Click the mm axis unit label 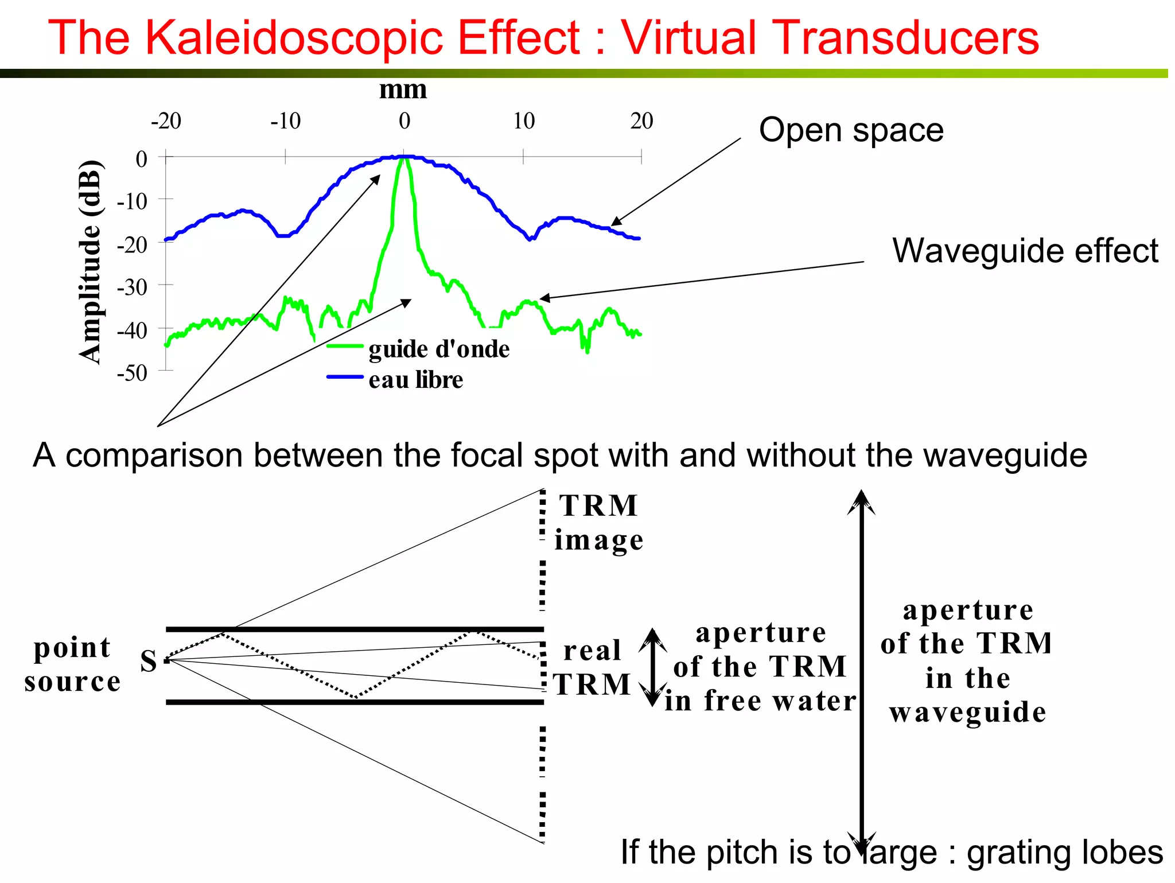403,90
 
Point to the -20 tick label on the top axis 166,121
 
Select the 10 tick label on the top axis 524,121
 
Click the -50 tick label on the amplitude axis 133,373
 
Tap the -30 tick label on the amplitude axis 133,287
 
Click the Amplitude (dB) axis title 91,262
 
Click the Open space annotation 851,130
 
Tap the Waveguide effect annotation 1025,251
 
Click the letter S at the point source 149,661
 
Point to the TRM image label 598,523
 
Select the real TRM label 592,667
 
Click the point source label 72,664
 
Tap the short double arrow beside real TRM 652,667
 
